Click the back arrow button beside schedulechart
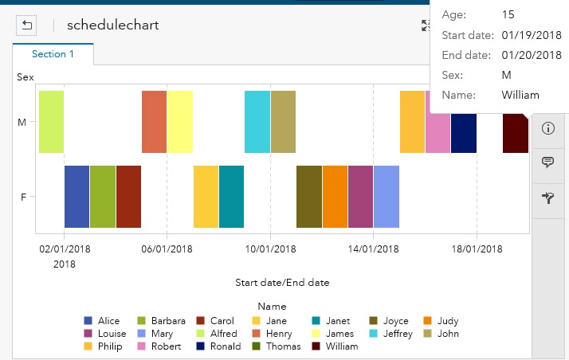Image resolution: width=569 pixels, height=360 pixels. pos(27,25)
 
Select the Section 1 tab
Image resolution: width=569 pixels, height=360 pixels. pos(53,54)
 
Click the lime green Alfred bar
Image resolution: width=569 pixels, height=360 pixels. pos(51,121)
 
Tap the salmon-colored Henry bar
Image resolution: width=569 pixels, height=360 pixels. pos(154,121)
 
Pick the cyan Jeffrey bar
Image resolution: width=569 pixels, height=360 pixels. pos(257,121)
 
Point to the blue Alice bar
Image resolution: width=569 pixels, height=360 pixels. pos(77,197)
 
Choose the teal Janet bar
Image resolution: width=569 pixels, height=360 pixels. pos(231,197)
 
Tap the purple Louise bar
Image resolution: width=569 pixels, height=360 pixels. pos(360,197)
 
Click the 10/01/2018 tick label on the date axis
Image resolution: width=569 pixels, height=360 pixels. pos(270,248)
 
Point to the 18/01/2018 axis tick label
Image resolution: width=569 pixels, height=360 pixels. pos(477,248)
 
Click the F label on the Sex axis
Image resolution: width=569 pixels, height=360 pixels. pos(22,197)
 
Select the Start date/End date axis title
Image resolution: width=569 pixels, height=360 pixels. pos(282,283)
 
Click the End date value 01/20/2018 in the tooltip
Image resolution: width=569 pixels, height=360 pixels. pos(532,55)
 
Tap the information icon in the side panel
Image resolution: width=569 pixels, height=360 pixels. pos(547,128)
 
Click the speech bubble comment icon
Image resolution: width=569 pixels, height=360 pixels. pos(547,162)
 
